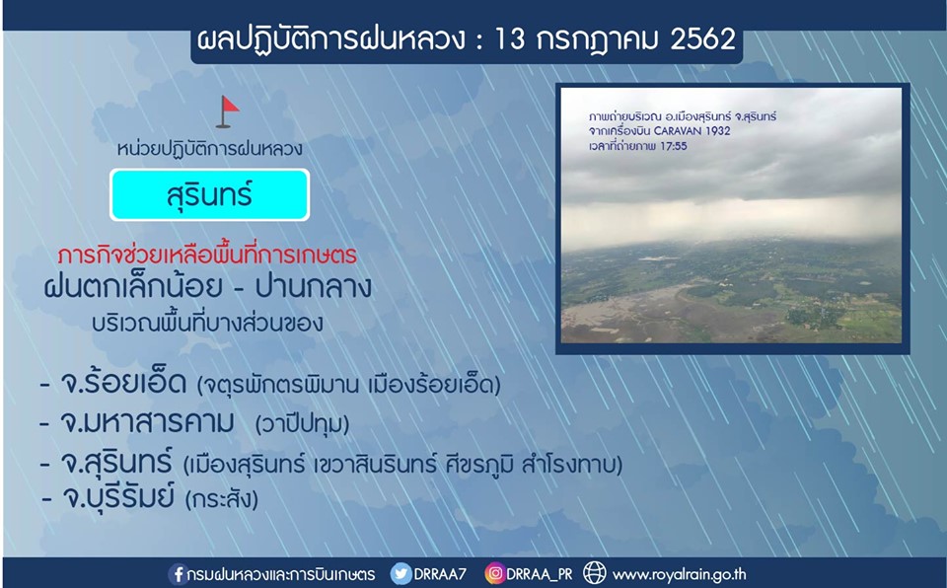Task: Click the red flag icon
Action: click(x=227, y=111)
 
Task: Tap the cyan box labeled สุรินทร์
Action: click(x=209, y=194)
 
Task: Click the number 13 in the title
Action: click(x=510, y=39)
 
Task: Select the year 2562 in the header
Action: click(x=702, y=39)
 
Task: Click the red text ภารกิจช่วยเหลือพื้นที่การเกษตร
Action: click(x=207, y=255)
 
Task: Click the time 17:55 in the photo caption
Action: click(x=674, y=146)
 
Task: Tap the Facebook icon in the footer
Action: click(x=178, y=573)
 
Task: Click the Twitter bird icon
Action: click(x=401, y=573)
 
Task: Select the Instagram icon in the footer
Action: click(x=494, y=573)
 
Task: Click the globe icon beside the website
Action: click(x=594, y=573)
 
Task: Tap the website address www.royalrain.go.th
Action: click(x=679, y=574)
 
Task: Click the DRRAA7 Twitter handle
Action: click(x=440, y=573)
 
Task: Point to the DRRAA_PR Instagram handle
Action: click(x=540, y=574)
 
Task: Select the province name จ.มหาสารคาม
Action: click(x=147, y=421)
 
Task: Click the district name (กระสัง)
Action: click(x=222, y=499)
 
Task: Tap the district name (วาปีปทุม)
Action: click(x=302, y=423)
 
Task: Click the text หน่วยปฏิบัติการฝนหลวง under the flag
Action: click(x=209, y=149)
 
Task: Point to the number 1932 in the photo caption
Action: click(x=719, y=130)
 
